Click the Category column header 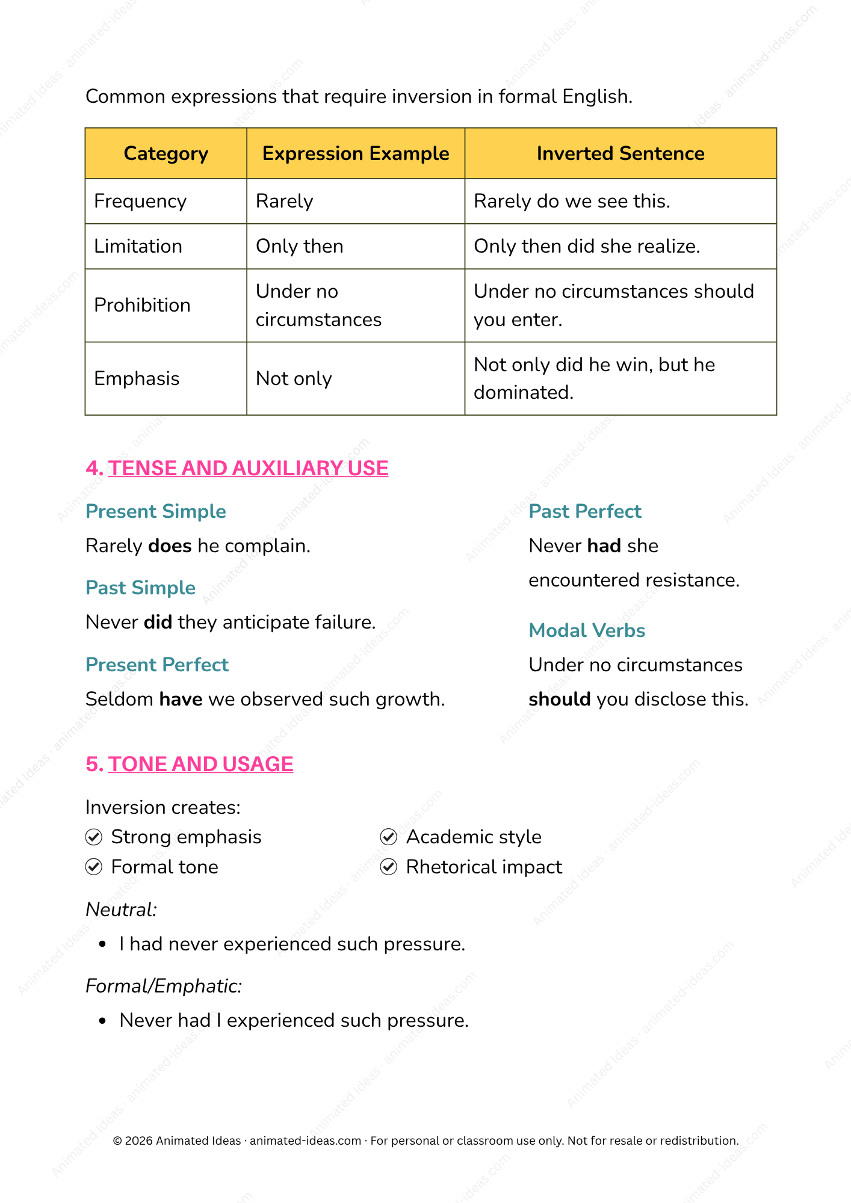pyautogui.click(x=166, y=153)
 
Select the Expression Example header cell pyautogui.click(x=356, y=153)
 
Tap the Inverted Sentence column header pyautogui.click(x=620, y=153)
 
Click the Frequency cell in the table pyautogui.click(x=140, y=201)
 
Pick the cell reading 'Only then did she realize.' pyautogui.click(x=587, y=246)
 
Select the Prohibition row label pyautogui.click(x=142, y=305)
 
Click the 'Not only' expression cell pyautogui.click(x=294, y=378)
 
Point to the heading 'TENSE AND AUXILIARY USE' pyautogui.click(x=248, y=468)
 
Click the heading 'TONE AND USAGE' pyautogui.click(x=200, y=764)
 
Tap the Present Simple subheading pyautogui.click(x=156, y=511)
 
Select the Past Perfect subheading pyautogui.click(x=585, y=511)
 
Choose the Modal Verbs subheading pyautogui.click(x=587, y=630)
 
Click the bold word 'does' pyautogui.click(x=170, y=546)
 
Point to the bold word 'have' pyautogui.click(x=181, y=699)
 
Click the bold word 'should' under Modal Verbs pyautogui.click(x=559, y=699)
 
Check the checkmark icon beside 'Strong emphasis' pyautogui.click(x=94, y=837)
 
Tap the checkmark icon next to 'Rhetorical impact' pyautogui.click(x=389, y=867)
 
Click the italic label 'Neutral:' pyautogui.click(x=121, y=909)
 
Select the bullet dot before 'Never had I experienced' pyautogui.click(x=103, y=1021)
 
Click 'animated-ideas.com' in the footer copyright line pyautogui.click(x=305, y=1140)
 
